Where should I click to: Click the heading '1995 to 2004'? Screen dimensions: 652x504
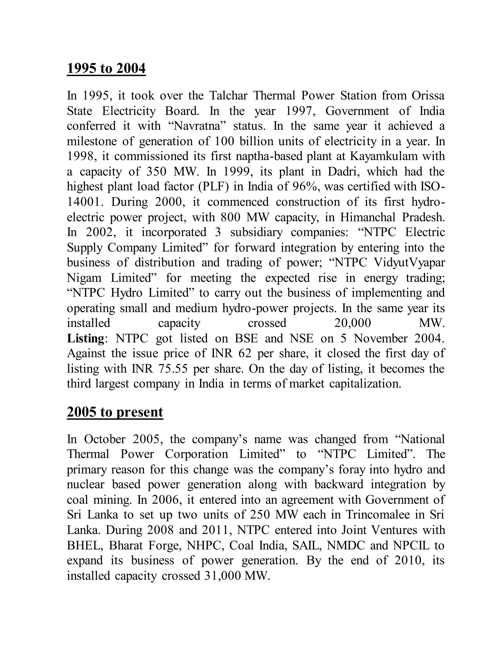tap(106, 69)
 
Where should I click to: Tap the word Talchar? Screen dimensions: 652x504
tap(228, 96)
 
